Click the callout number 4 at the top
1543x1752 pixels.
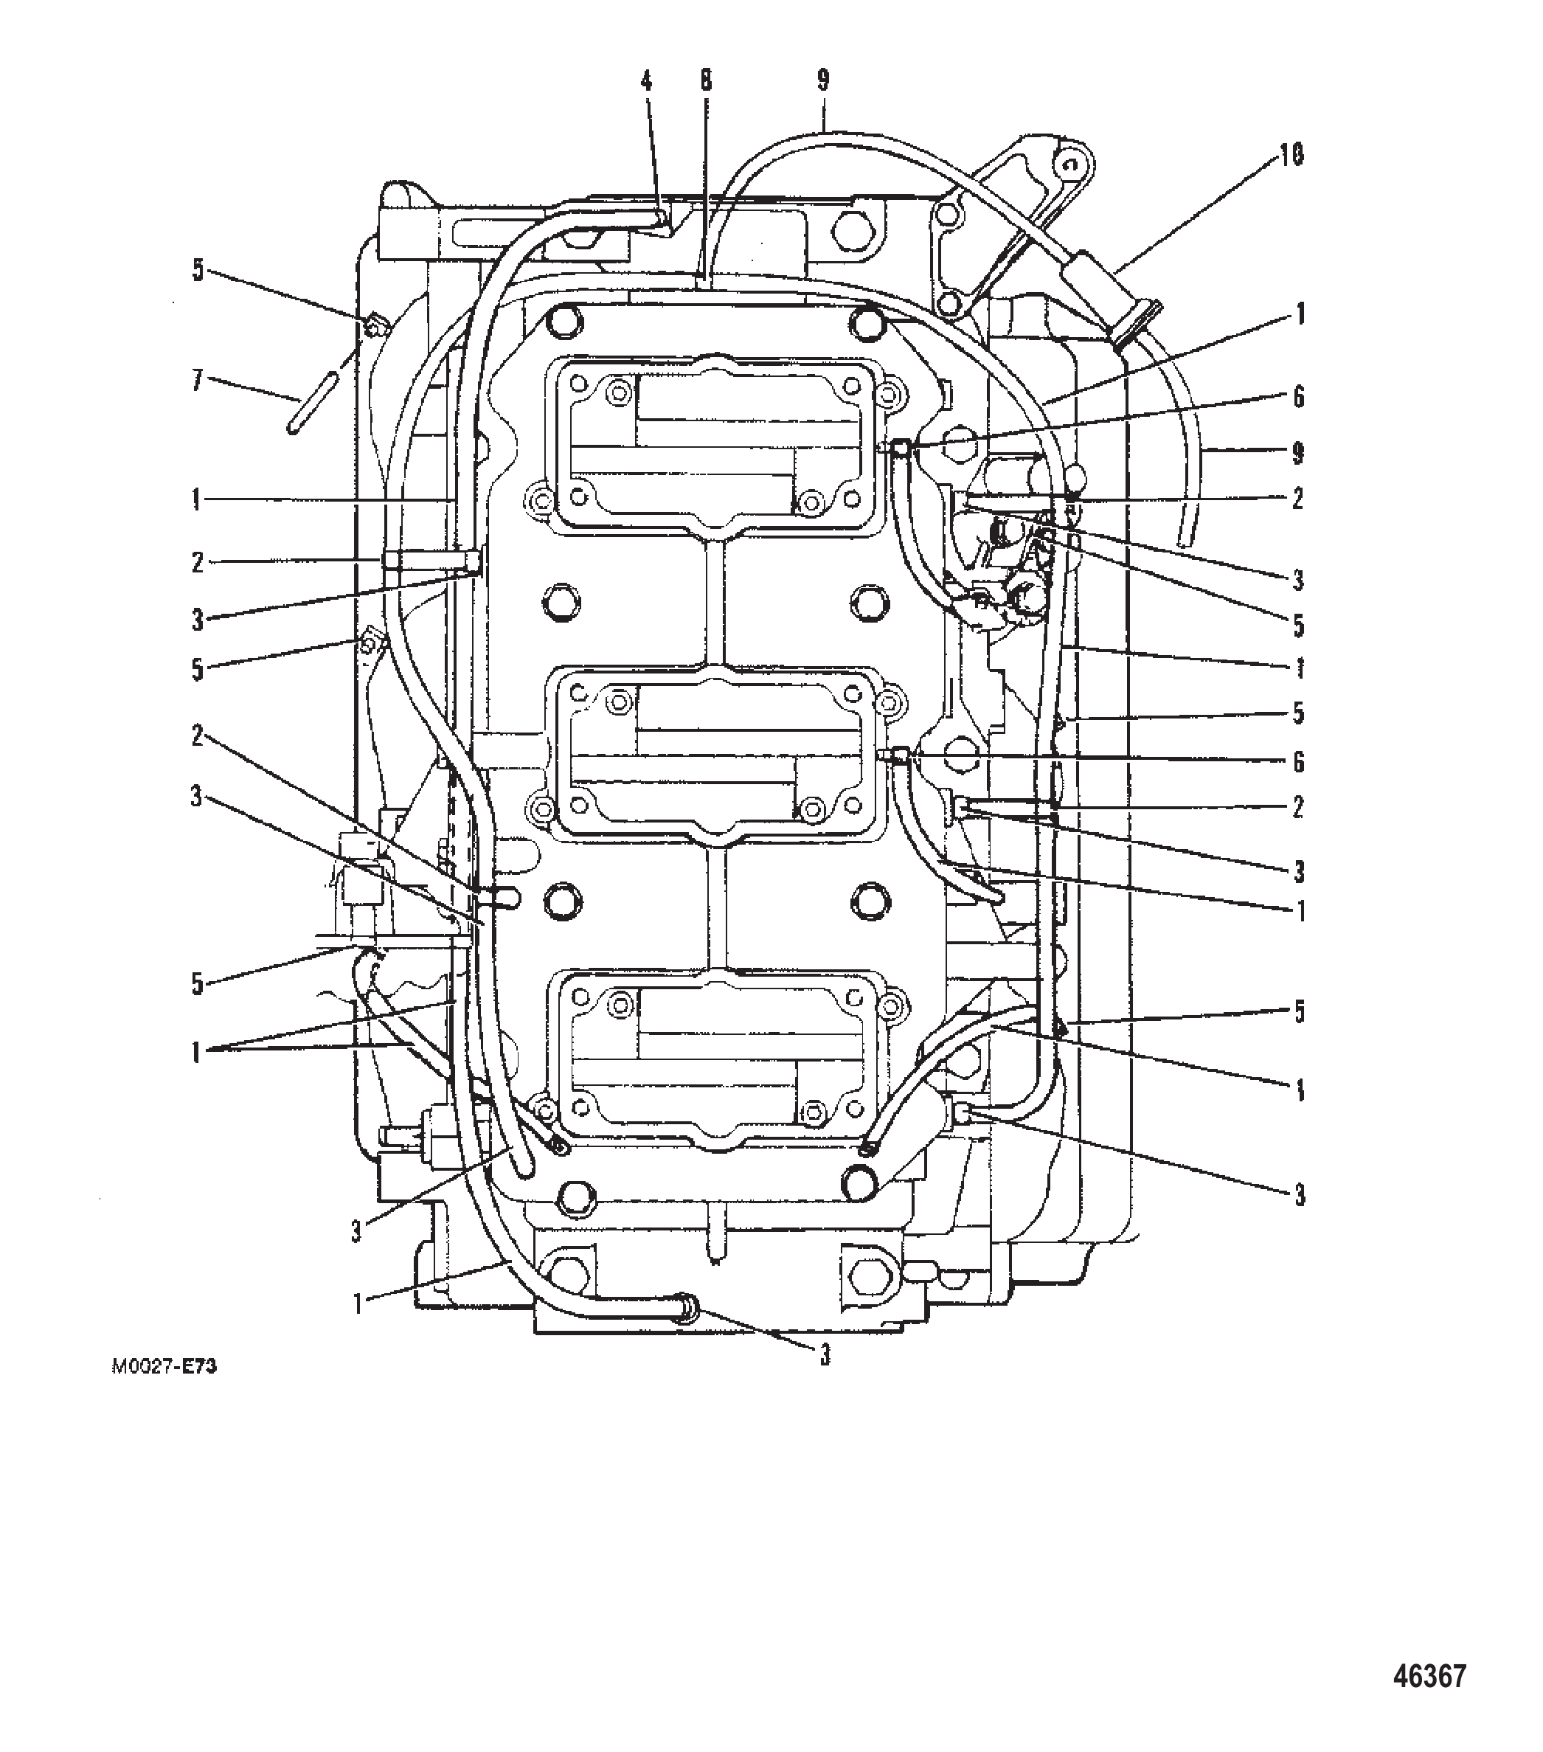[x=646, y=81]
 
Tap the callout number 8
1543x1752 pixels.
[x=706, y=81]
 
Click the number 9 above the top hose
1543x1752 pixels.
[x=823, y=80]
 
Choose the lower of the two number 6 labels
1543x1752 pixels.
[x=1298, y=761]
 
